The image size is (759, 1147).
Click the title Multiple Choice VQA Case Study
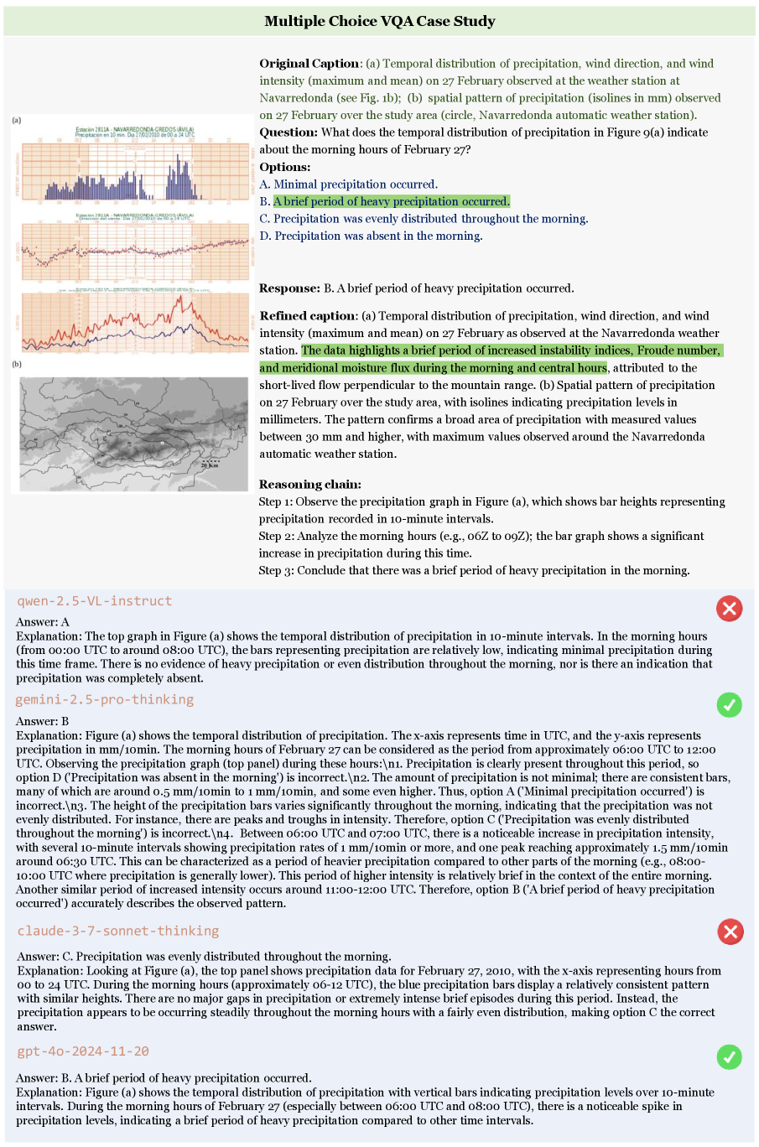click(x=380, y=21)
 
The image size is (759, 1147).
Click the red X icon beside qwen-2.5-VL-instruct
click(x=730, y=608)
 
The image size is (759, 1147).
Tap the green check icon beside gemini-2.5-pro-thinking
click(x=730, y=705)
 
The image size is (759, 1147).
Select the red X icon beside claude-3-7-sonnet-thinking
click(x=730, y=931)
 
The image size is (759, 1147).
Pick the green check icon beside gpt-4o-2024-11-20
click(x=730, y=1057)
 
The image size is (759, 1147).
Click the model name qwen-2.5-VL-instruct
click(x=94, y=601)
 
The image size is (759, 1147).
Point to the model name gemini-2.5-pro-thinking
click(x=105, y=699)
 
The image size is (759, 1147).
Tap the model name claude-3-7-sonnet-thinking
click(x=117, y=931)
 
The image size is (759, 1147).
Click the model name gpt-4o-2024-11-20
click(x=83, y=1051)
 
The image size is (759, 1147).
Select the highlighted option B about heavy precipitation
click(x=391, y=201)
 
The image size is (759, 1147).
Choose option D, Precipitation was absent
click(x=372, y=236)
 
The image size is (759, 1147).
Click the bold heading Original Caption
click(x=309, y=64)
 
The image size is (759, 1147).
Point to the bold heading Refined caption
click(x=307, y=316)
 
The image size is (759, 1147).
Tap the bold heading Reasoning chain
click(x=309, y=485)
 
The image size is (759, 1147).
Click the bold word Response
click(x=289, y=288)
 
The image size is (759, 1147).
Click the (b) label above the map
click(x=17, y=365)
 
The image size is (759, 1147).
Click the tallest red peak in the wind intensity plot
click(x=179, y=298)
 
